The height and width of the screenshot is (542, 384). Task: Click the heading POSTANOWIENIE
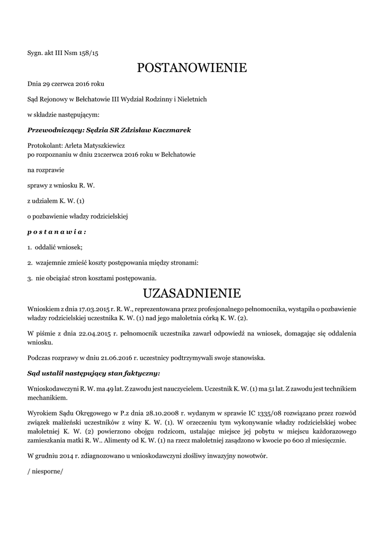tap(192, 68)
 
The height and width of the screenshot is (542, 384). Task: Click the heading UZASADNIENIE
tap(192, 293)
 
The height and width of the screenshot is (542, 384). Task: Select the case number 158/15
tap(89, 53)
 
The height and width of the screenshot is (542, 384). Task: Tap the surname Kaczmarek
tap(171, 130)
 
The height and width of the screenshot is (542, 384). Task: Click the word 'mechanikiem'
tap(47, 397)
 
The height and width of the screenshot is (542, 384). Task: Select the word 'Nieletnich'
tap(192, 99)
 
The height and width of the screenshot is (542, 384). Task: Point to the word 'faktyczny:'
tap(142, 373)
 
